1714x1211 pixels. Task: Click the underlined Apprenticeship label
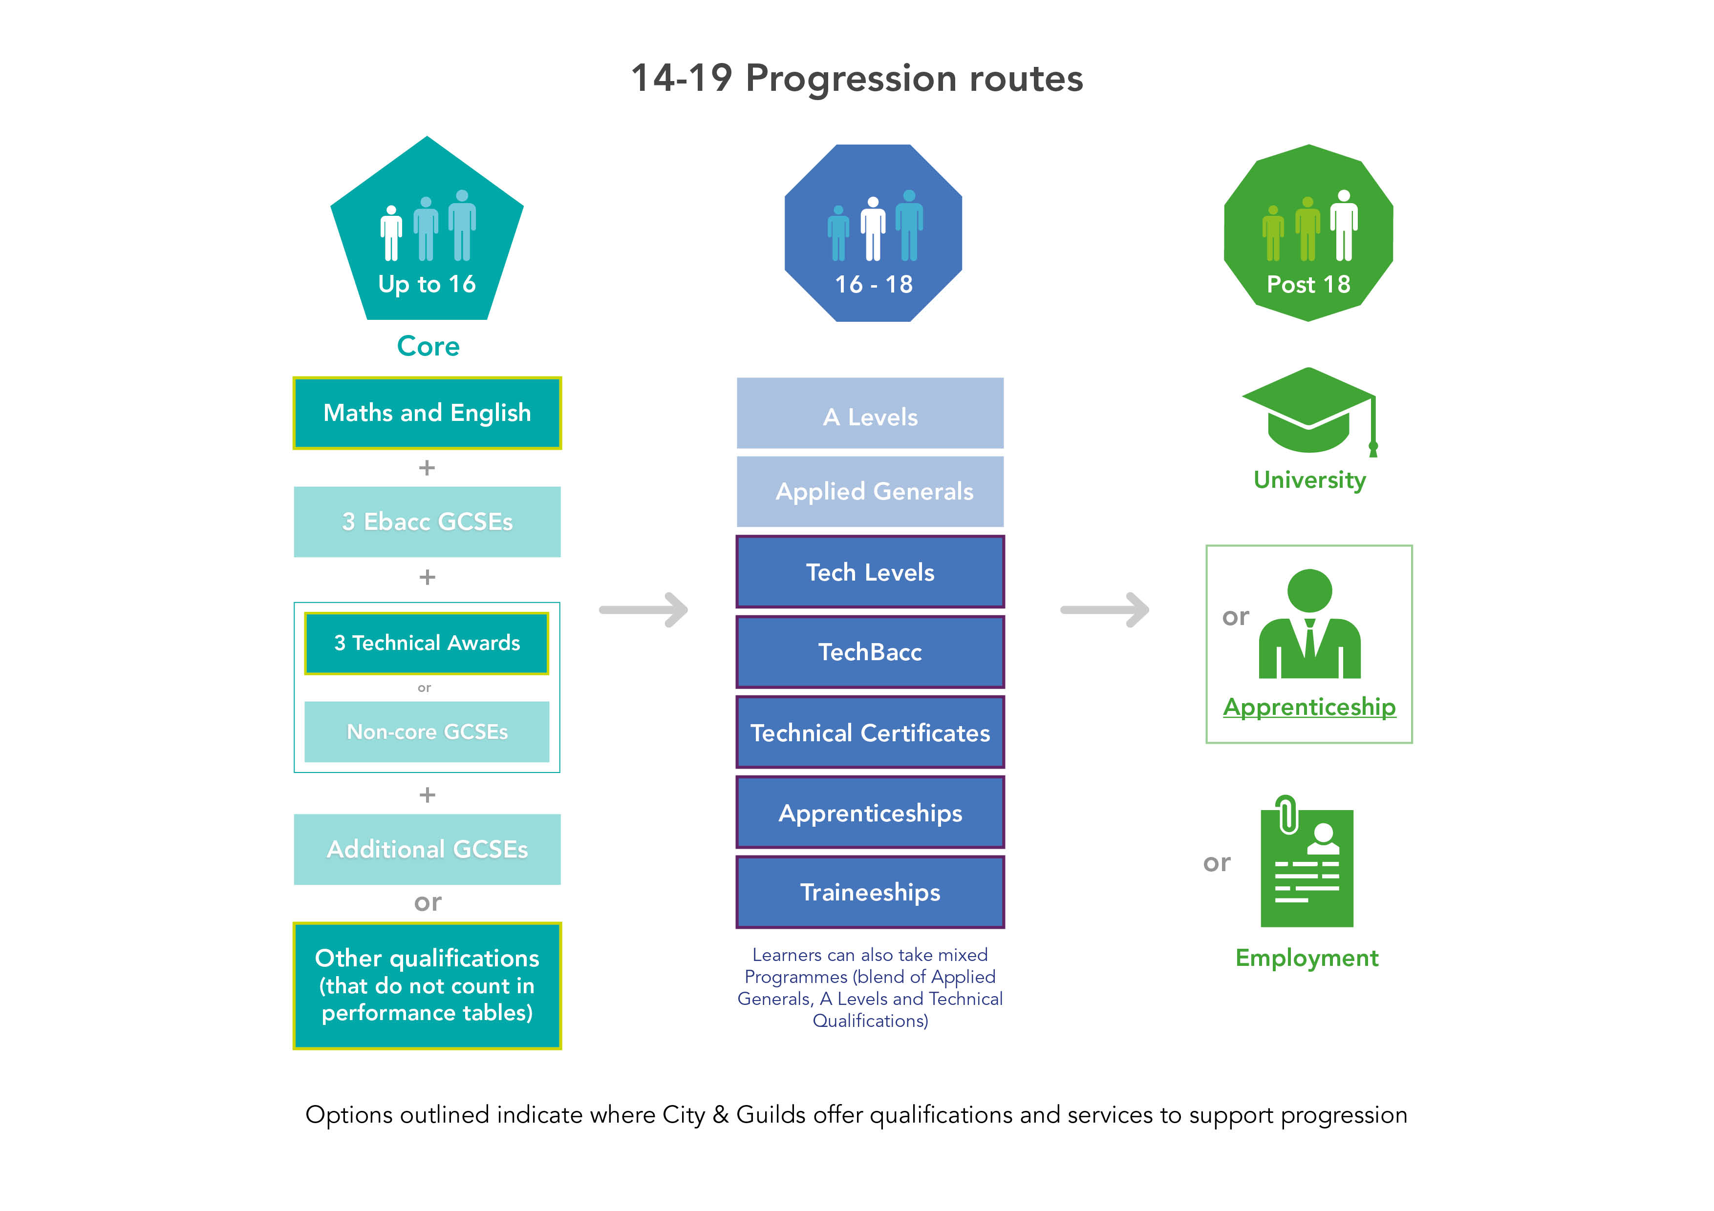tap(1308, 706)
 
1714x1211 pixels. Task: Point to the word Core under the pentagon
tap(428, 346)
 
